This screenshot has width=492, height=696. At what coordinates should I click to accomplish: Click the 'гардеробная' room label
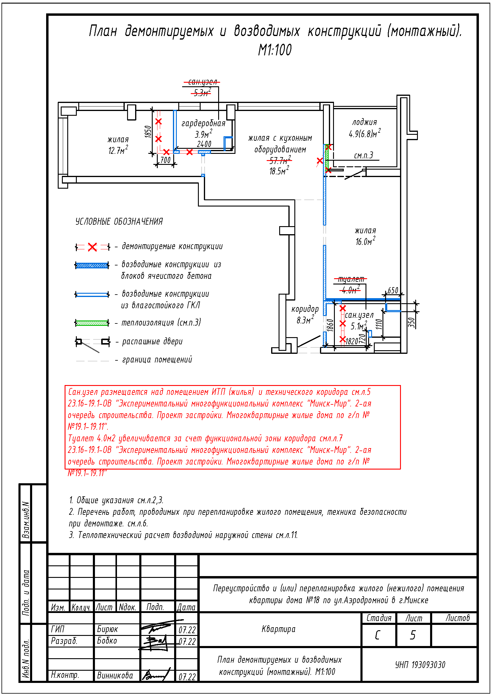(x=203, y=123)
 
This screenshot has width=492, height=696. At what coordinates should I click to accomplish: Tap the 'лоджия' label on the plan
(x=364, y=122)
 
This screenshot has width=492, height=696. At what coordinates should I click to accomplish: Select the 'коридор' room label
(x=305, y=309)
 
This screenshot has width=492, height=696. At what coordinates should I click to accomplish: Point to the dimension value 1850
(x=148, y=132)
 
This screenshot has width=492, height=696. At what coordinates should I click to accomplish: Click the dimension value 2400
(x=204, y=144)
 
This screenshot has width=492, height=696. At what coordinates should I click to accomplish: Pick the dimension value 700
(x=165, y=160)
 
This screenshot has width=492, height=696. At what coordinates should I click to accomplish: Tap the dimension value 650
(x=393, y=290)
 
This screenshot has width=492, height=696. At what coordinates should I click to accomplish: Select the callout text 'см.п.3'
(x=363, y=156)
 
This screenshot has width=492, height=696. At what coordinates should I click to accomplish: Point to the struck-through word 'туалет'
(x=351, y=279)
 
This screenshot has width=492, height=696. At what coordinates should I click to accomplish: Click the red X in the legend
(x=92, y=247)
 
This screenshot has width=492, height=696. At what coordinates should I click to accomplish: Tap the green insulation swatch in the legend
(x=92, y=323)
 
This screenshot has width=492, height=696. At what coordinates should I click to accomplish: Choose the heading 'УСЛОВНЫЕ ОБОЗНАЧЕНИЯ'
(x=119, y=221)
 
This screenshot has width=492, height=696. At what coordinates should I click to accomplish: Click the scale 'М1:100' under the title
(x=275, y=50)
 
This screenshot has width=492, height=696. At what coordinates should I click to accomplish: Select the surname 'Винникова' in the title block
(x=115, y=675)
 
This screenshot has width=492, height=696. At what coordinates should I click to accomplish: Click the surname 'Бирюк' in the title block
(x=107, y=629)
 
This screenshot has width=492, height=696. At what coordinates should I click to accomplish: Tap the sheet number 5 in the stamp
(x=413, y=635)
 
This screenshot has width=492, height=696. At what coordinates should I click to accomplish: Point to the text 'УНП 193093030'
(x=420, y=665)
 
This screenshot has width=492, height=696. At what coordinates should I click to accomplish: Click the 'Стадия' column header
(x=379, y=618)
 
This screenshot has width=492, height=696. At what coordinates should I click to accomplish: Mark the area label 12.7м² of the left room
(x=118, y=150)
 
